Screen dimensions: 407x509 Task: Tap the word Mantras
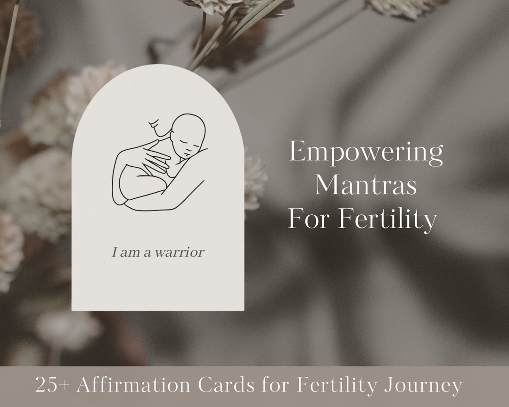[366, 186]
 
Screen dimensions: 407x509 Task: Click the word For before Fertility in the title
[307, 219]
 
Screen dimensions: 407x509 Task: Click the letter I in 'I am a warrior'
[114, 252]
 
